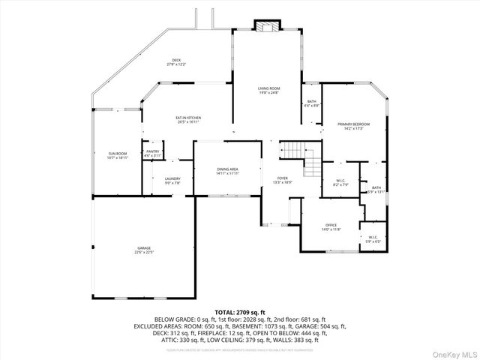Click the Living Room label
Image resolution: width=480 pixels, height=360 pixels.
tap(268, 88)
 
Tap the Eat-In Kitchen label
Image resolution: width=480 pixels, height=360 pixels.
tap(188, 118)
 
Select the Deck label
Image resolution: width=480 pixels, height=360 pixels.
tap(176, 60)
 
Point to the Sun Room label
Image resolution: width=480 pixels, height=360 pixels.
tap(118, 153)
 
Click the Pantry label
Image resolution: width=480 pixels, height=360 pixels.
tap(152, 151)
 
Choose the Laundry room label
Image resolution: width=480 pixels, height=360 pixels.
tap(172, 178)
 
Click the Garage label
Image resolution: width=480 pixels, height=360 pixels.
tap(144, 248)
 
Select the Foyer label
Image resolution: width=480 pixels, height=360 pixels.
tap(282, 178)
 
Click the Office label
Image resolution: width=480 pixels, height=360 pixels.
tap(331, 224)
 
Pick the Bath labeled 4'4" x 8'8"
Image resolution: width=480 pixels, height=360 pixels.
tap(311, 102)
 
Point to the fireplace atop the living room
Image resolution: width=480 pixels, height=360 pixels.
tap(264, 27)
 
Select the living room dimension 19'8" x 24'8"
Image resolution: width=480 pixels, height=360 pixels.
tap(268, 93)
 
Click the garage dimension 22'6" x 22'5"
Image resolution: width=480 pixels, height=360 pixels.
tap(144, 253)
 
